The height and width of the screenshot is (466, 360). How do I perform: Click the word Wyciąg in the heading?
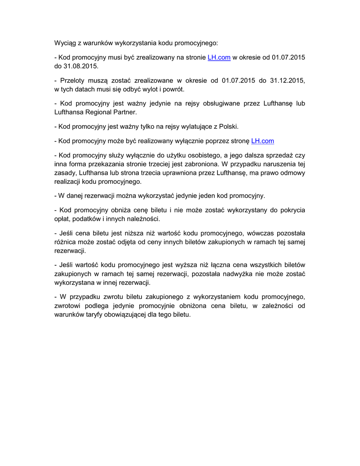pos(65,43)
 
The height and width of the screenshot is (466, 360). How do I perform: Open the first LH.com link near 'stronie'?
pos(219,57)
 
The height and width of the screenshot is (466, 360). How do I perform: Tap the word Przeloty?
pos(73,81)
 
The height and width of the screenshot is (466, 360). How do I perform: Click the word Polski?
pos(228,126)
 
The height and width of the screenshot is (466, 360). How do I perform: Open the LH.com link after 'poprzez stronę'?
pos(263,141)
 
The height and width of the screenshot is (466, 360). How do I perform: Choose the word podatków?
pos(88,218)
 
